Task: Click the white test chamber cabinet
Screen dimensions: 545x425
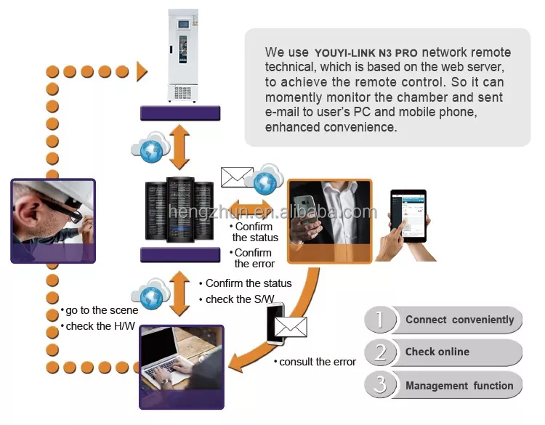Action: [x=183, y=56]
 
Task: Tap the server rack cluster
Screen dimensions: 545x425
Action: [x=179, y=210]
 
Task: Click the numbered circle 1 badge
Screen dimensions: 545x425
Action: [x=380, y=320]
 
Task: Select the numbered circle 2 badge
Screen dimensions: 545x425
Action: [x=380, y=352]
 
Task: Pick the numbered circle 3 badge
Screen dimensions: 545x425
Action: [x=380, y=384]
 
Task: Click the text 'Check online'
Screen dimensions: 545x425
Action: [x=437, y=352]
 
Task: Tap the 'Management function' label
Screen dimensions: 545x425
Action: [x=459, y=386]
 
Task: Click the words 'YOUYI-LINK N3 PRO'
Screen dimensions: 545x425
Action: [x=366, y=53]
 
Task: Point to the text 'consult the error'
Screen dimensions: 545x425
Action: [x=318, y=362]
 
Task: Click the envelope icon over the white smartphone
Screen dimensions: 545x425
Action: [x=291, y=327]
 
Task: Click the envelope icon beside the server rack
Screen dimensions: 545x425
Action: [x=237, y=177]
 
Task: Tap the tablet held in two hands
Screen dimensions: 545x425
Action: [x=408, y=216]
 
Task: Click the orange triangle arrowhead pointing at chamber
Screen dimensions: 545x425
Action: [x=142, y=72]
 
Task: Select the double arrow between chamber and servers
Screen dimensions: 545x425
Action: [x=179, y=147]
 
